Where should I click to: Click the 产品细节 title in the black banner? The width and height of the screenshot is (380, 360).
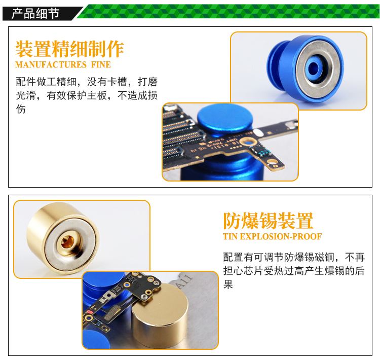click(x=35, y=13)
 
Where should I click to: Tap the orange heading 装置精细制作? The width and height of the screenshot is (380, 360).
click(x=69, y=49)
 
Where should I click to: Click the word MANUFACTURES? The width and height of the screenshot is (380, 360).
click(x=51, y=65)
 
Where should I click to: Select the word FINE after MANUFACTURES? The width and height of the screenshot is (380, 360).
click(x=101, y=65)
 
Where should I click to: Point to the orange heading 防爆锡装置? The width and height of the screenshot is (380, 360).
click(x=268, y=221)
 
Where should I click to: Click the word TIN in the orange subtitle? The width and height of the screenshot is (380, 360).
click(x=230, y=236)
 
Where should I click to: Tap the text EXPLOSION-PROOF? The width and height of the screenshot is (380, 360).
click(x=281, y=236)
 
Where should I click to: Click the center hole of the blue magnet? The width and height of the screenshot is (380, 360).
click(x=313, y=67)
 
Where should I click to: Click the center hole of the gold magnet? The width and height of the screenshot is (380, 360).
click(x=67, y=242)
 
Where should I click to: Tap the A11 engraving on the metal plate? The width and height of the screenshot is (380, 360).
click(x=184, y=282)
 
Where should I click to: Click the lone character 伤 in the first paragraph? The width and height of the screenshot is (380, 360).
click(x=21, y=109)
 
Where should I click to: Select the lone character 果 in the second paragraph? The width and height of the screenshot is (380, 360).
click(x=228, y=284)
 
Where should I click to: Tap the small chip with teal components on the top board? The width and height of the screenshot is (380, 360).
click(x=261, y=151)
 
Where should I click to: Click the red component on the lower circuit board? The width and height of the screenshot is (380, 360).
click(x=90, y=312)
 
